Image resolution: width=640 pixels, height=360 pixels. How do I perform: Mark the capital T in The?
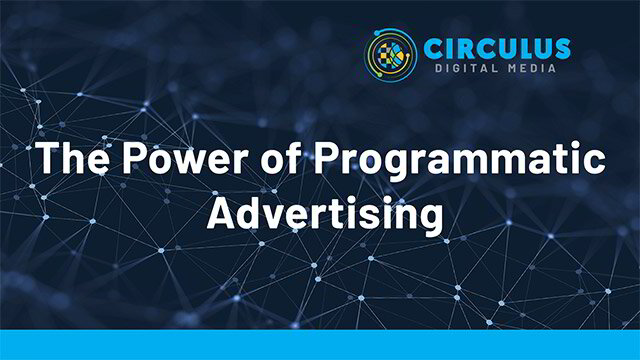(45, 159)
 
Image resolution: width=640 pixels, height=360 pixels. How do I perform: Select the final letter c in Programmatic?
(596, 163)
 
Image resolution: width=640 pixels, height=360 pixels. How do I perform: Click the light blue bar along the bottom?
(320, 344)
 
